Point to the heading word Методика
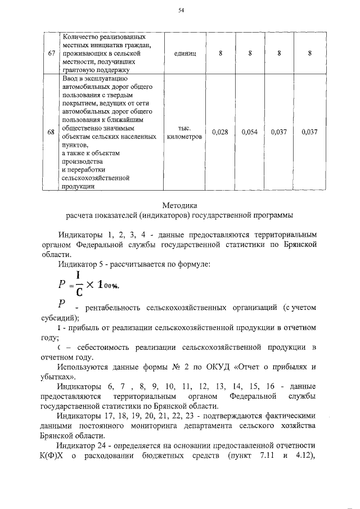[181, 205]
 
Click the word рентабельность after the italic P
[114, 308]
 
